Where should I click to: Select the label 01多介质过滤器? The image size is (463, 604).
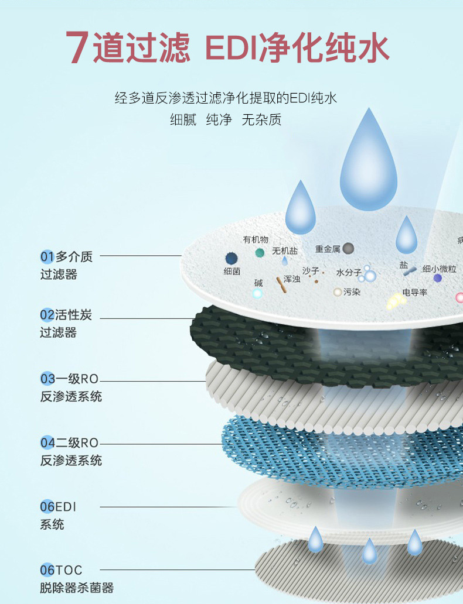pos(66,265)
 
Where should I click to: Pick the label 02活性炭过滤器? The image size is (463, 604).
pos(66,324)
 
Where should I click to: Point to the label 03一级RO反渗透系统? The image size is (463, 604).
pos(71,387)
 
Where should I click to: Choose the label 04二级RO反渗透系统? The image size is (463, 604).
pos(71,451)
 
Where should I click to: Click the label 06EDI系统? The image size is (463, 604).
pos(58,515)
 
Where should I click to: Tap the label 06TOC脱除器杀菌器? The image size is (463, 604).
pos(76,578)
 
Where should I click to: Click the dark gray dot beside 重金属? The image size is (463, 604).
pos(348,248)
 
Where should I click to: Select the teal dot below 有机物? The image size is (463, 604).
pos(260,252)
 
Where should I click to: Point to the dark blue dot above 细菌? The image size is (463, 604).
pos(231,258)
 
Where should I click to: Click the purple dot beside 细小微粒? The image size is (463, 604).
pos(437,278)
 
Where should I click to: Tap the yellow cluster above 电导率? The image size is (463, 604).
pos(397,301)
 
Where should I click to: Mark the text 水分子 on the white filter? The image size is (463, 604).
pos(349,273)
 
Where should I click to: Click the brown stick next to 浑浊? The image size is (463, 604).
pos(280,285)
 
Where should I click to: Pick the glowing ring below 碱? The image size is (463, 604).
pos(257,293)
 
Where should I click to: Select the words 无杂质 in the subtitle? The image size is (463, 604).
pos(261,120)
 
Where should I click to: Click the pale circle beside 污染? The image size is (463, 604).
pos(338,291)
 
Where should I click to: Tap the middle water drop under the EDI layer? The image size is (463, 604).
pos(369,551)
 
